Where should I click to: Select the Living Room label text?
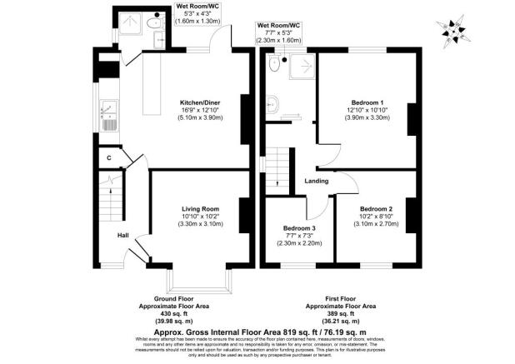point(199,209)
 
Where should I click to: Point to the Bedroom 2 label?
point(377,209)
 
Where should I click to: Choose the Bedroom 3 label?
point(299,228)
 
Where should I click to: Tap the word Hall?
point(122,235)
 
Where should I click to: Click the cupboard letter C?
point(108,157)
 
